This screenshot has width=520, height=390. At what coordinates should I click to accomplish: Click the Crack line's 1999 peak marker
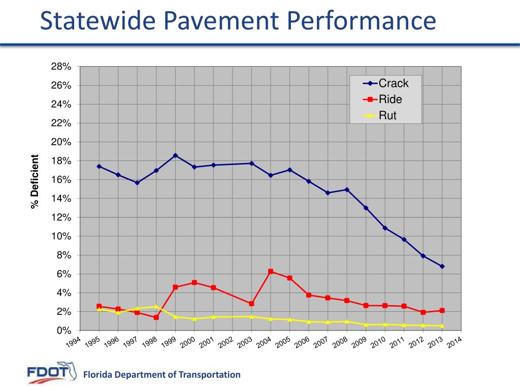(175, 155)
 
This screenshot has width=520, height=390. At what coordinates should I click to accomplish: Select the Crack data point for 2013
(442, 266)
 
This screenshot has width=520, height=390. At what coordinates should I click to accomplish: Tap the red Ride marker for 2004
(271, 272)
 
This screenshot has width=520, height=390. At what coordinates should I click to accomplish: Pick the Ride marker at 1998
(156, 317)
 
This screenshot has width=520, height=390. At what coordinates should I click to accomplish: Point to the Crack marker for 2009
(366, 208)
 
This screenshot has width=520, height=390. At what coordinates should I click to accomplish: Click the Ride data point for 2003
(251, 304)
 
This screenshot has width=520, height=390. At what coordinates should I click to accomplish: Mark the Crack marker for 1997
(137, 183)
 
